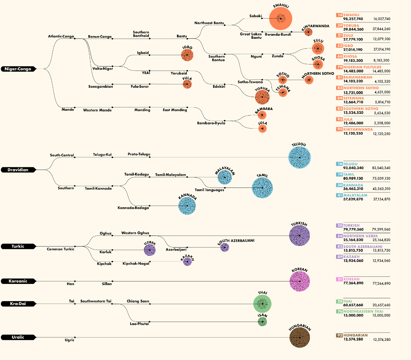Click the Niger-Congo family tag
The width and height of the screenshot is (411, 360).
click(x=18, y=69)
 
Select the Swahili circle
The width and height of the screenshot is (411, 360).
click(x=280, y=19)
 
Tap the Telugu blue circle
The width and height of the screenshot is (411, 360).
click(x=300, y=157)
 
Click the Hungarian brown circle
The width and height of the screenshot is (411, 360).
click(x=300, y=337)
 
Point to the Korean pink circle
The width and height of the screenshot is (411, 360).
click(x=300, y=281)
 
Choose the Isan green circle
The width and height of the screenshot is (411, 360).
click(x=262, y=322)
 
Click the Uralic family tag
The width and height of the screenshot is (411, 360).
click(x=18, y=337)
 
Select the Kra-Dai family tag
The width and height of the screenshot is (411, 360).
click(x=18, y=304)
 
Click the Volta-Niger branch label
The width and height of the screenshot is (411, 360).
click(x=102, y=69)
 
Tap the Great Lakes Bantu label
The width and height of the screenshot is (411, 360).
click(x=251, y=36)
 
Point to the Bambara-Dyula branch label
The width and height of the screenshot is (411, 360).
click(x=211, y=123)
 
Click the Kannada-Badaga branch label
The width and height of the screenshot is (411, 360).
click(x=133, y=208)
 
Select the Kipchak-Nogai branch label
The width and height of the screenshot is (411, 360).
click(x=136, y=263)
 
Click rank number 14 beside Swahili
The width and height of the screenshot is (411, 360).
click(x=339, y=15)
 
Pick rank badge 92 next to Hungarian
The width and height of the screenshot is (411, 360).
click(x=339, y=335)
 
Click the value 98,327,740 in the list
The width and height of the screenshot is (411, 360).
click(x=353, y=19)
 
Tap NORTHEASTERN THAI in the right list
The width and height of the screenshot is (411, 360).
click(x=363, y=311)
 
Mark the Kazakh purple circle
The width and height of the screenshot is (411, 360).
click(x=187, y=262)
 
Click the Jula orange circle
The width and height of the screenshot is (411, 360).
click(x=262, y=129)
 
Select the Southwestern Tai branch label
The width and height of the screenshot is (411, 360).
click(x=96, y=301)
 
